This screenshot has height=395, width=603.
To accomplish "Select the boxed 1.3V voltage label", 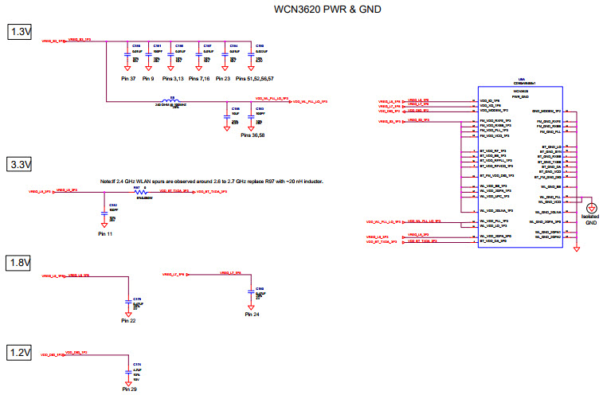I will pos(18,32).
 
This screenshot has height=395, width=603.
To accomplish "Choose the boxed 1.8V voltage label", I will pos(18,263).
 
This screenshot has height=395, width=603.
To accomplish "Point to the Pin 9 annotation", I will pos(148,80).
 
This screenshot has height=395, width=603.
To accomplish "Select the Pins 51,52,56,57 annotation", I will pos(255,80).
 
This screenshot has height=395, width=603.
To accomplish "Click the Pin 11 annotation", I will pos(105,235).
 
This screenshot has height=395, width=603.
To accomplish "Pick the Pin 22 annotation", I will pos(129,320).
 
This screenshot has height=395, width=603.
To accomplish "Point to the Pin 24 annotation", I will pos(252,315).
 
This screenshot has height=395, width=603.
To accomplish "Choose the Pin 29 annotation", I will pos(129,389).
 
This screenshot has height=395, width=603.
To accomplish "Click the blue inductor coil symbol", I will pos(171,100).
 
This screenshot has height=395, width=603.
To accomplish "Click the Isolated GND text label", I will pos(590,220).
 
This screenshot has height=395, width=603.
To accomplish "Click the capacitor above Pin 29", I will pos(127,371).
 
